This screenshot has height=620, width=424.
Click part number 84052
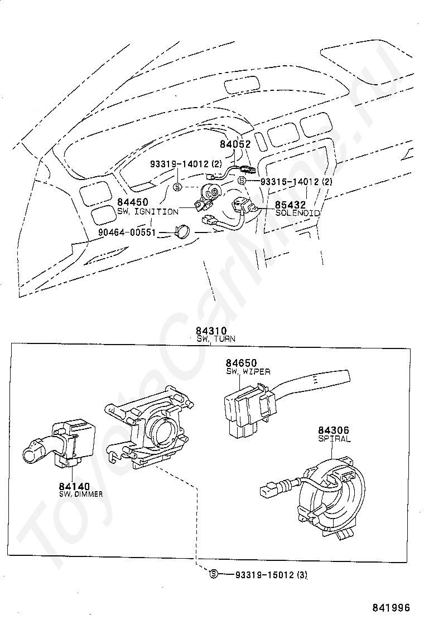click(x=235, y=144)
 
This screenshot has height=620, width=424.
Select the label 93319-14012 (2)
click(x=186, y=164)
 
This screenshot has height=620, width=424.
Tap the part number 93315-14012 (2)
click(x=296, y=182)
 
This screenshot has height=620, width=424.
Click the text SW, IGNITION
click(x=147, y=212)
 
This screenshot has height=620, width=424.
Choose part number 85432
click(x=290, y=205)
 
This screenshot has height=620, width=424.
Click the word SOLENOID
click(x=297, y=213)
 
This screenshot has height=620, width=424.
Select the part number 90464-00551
click(x=127, y=232)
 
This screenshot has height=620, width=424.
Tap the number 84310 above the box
click(x=211, y=331)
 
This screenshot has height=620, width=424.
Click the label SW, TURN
click(x=215, y=339)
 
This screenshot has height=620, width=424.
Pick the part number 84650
click(x=241, y=362)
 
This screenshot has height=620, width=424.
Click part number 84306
click(x=334, y=430)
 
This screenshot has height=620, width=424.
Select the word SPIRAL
click(x=334, y=438)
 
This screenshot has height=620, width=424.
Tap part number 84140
click(x=74, y=486)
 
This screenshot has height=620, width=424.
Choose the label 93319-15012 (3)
click(x=271, y=575)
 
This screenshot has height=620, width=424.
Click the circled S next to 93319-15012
click(x=214, y=574)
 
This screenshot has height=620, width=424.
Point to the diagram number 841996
click(x=391, y=607)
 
